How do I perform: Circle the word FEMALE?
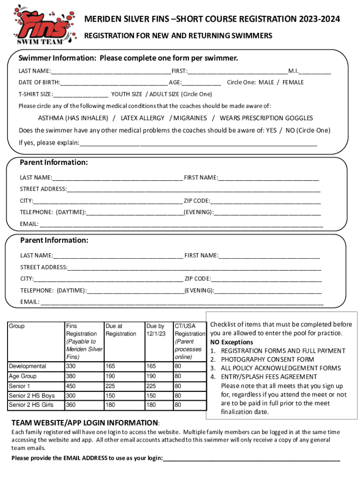(x=293, y=82)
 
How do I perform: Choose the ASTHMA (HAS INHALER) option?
(x=73, y=118)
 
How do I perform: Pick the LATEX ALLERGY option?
(x=142, y=118)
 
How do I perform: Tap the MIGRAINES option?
(x=190, y=118)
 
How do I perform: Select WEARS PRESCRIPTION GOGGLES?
(x=266, y=118)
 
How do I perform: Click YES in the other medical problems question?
(x=271, y=130)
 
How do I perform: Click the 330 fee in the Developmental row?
(x=71, y=366)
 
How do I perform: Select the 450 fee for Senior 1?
(x=71, y=386)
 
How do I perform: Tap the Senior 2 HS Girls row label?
(x=31, y=405)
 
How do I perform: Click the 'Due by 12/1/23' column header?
(x=156, y=330)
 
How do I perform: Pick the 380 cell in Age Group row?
(x=71, y=376)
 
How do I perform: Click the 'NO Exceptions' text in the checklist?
(x=231, y=342)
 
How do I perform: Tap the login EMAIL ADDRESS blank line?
(x=251, y=458)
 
